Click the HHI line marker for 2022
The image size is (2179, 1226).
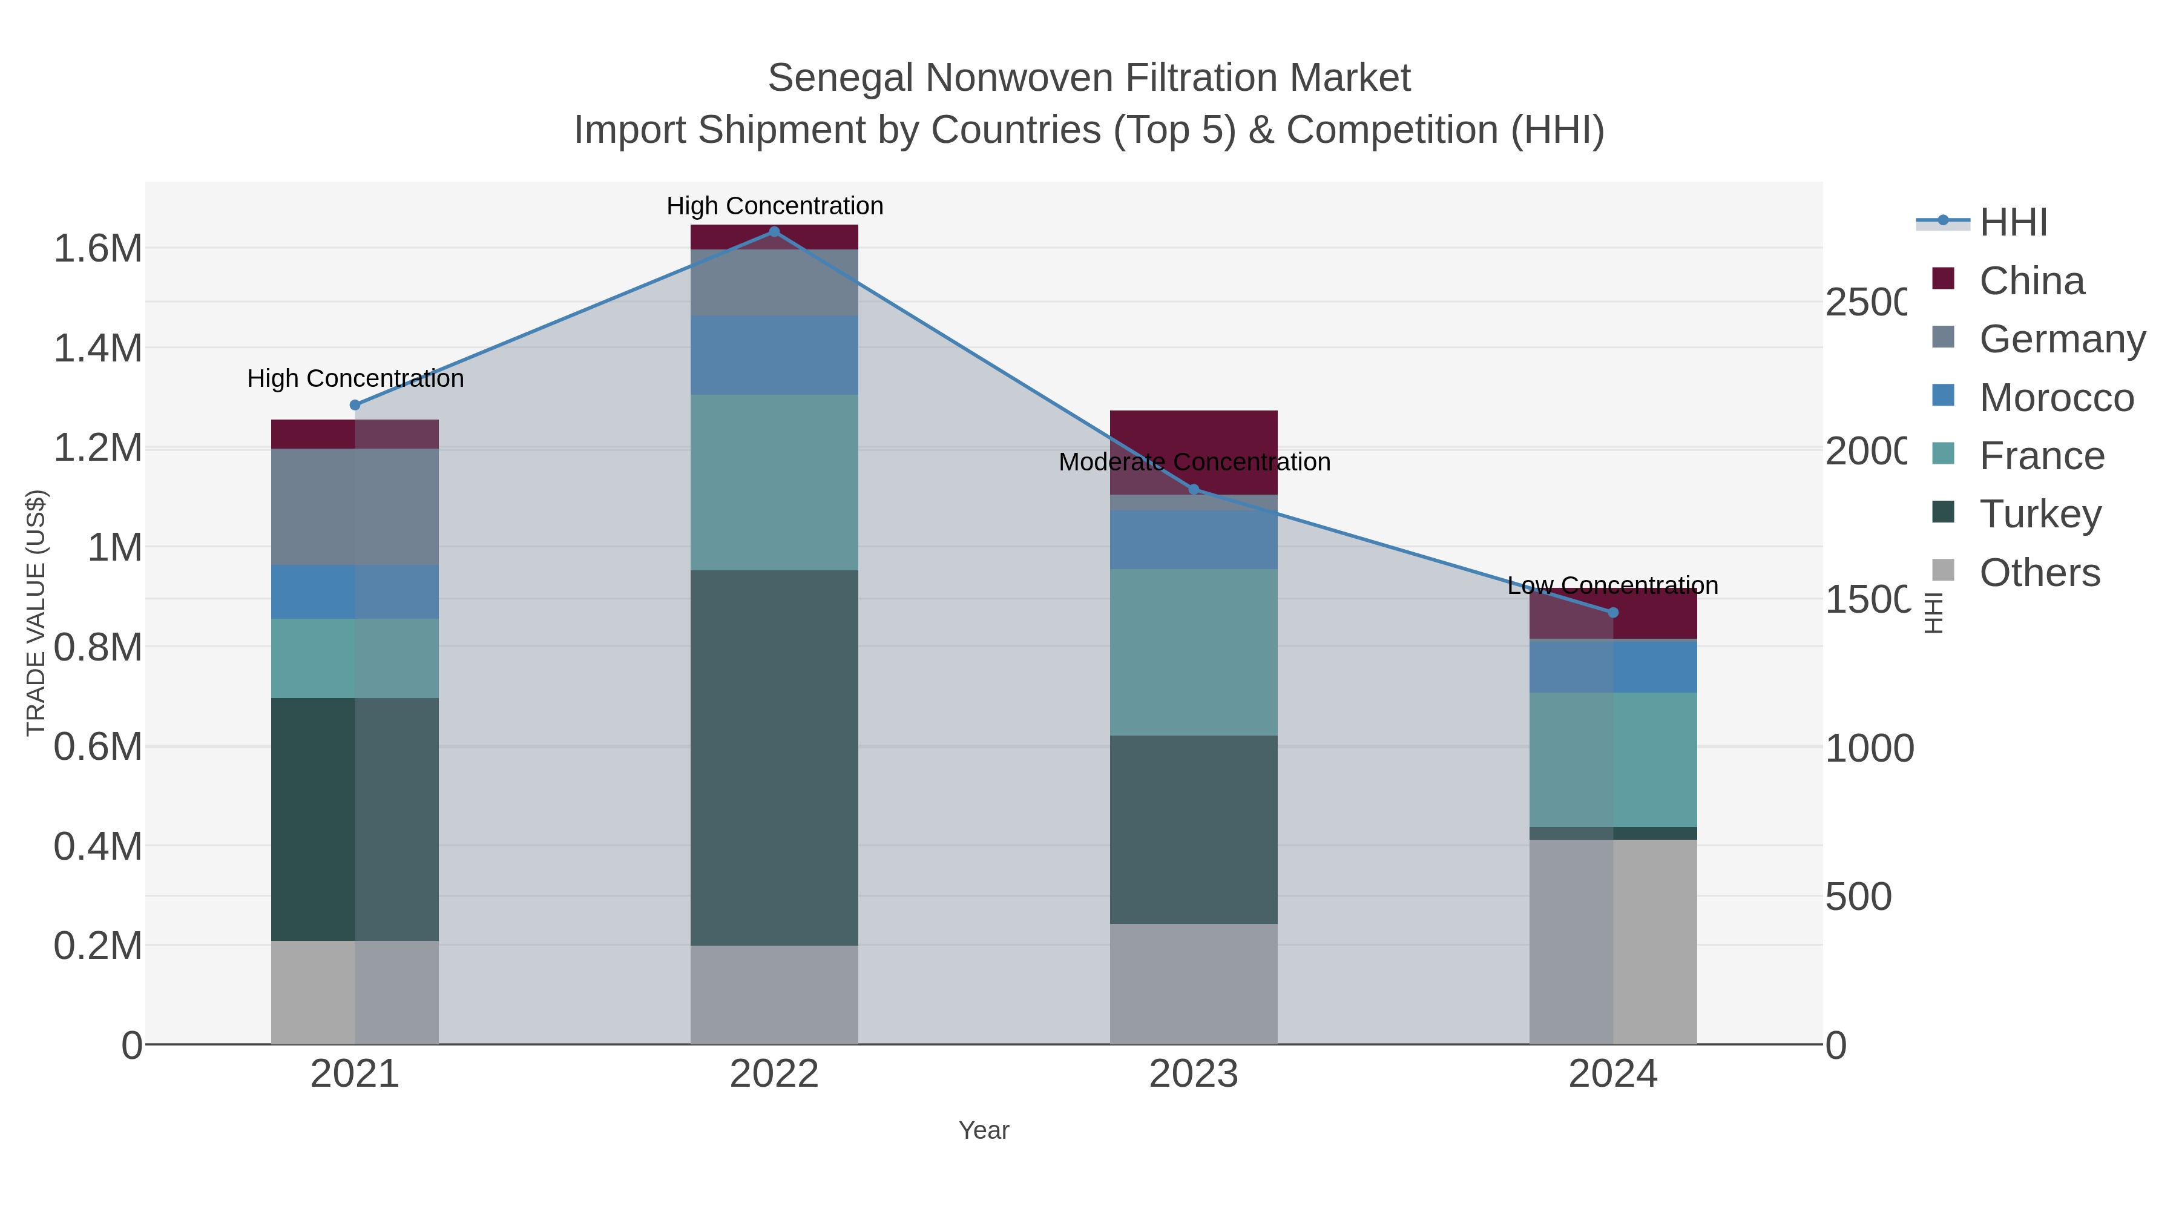[774, 232]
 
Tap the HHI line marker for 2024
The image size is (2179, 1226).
[1612, 613]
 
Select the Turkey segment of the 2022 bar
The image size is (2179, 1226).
[774, 757]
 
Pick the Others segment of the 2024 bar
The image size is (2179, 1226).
[1612, 941]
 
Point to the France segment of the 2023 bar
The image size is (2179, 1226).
[1194, 651]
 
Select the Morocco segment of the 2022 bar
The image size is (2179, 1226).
[774, 355]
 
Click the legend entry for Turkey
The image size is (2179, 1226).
[2039, 515]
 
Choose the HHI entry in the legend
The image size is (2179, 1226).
[2013, 223]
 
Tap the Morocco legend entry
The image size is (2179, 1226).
[2056, 398]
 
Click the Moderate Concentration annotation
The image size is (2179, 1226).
[1194, 462]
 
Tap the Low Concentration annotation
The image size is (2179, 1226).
[1612, 585]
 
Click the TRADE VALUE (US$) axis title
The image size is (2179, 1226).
[36, 613]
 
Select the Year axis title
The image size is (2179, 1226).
[984, 1130]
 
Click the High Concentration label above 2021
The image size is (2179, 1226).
[355, 378]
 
